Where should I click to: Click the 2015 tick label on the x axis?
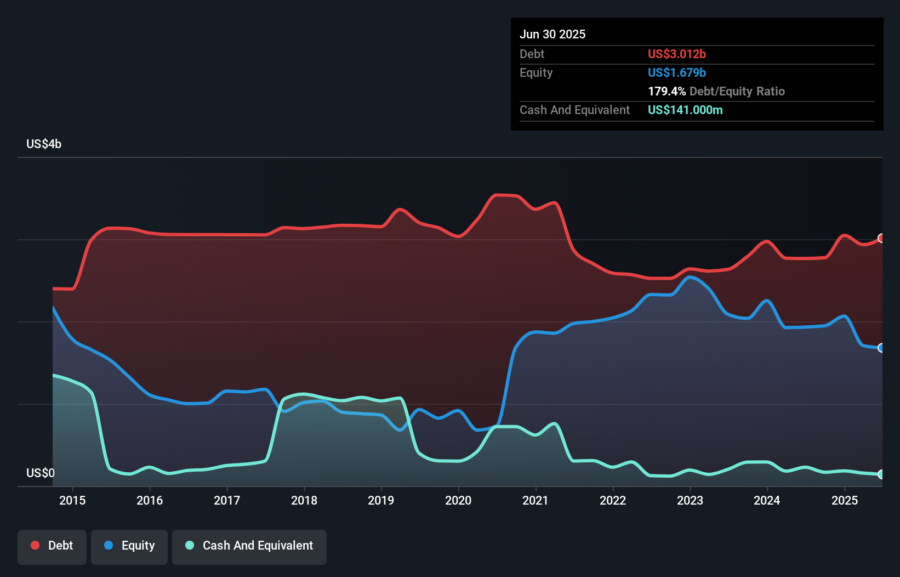pos(72,500)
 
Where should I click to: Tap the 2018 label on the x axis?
pos(304,500)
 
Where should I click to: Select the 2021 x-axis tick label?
pos(536,500)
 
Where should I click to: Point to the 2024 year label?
pos(767,500)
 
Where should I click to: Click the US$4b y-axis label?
pos(44,144)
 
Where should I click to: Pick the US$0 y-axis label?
pos(41,473)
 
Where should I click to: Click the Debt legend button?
pos(52,546)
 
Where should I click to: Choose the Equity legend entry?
pos(129,546)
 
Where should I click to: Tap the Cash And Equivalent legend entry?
pos(249,546)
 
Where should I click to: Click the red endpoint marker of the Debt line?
pos(881,238)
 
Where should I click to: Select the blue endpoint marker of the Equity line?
pos(881,348)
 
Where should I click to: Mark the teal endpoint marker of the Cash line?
pos(881,474)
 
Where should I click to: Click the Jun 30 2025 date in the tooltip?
pos(552,34)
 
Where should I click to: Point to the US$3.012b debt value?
pos(677,54)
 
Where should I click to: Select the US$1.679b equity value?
pos(677,72)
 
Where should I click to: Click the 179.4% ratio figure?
pos(667,91)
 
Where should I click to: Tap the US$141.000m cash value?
pos(685,110)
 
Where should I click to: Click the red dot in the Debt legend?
pos(35,545)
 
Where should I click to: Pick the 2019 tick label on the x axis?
pos(381,500)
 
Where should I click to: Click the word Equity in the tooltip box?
pos(536,72)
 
